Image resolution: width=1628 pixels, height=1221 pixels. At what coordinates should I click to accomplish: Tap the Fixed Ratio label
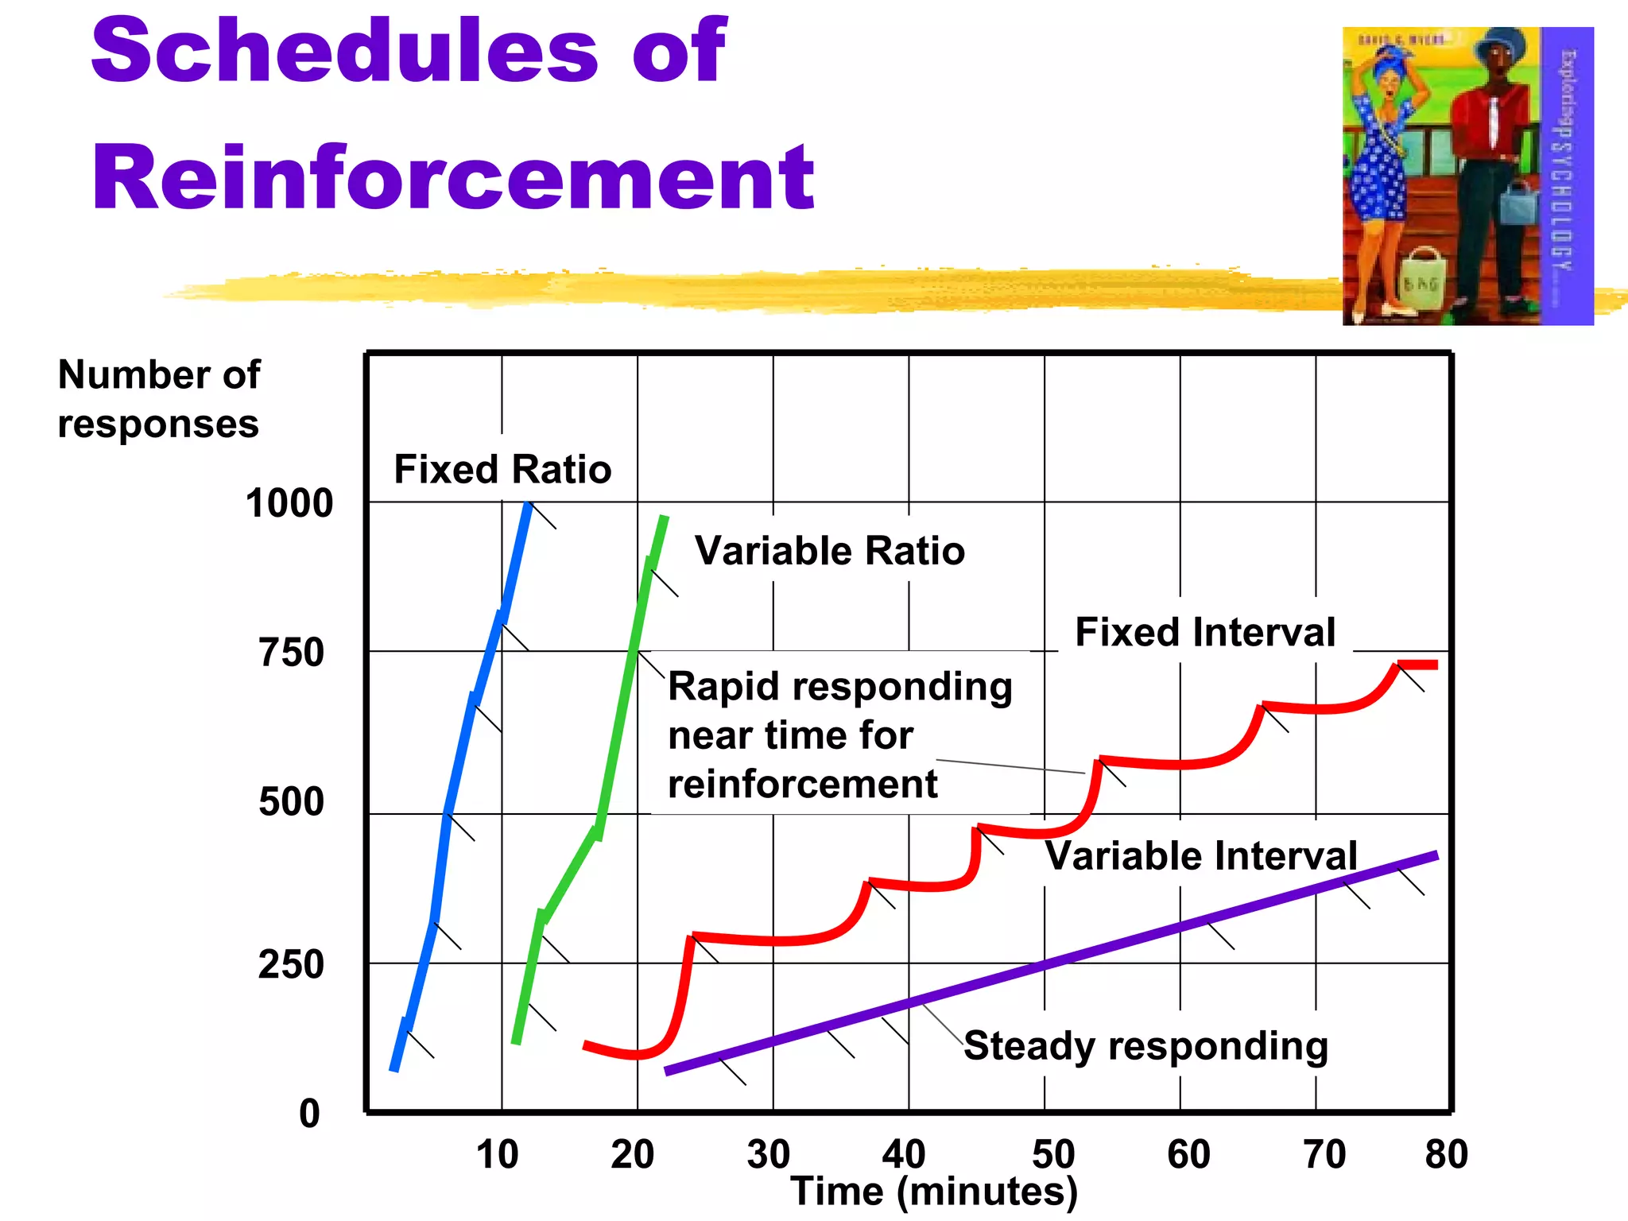[x=502, y=469]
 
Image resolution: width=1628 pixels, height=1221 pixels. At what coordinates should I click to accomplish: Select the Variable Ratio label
[x=830, y=551]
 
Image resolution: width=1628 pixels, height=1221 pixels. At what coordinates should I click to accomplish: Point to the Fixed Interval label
[x=1205, y=633]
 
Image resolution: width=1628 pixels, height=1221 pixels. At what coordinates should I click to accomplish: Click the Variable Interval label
[x=1200, y=856]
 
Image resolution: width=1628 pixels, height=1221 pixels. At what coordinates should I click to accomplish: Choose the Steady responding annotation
[x=1145, y=1045]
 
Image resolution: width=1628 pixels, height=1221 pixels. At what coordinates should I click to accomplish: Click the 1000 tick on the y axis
[x=289, y=503]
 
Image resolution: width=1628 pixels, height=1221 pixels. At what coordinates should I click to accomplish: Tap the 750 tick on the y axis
[x=292, y=653]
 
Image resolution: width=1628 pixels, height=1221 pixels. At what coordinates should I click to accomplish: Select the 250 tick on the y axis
[x=292, y=964]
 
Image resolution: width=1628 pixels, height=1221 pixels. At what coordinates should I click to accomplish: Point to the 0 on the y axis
[x=309, y=1114]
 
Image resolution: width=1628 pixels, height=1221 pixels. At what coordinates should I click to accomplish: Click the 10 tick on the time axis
[x=498, y=1154]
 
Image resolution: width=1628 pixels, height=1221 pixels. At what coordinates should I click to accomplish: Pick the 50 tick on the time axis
[x=1052, y=1154]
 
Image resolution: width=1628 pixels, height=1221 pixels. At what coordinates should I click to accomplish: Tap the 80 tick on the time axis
[x=1446, y=1154]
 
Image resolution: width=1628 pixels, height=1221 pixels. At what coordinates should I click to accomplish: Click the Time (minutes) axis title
[x=934, y=1192]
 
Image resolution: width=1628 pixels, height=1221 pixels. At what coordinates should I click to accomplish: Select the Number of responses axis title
[x=159, y=399]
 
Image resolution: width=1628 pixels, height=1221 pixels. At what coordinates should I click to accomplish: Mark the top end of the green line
[x=665, y=518]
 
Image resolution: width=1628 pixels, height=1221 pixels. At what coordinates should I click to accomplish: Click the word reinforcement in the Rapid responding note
[x=803, y=785]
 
